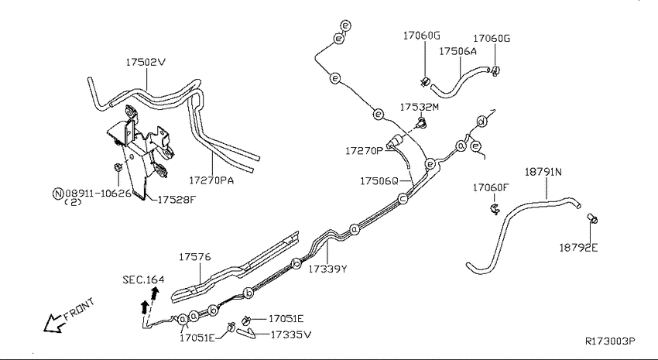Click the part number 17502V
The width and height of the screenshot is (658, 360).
146,63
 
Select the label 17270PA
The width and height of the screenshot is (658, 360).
211,180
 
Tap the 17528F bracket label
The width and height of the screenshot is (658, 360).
176,199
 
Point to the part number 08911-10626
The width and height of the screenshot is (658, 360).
98,194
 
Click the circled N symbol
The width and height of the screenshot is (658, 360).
58,194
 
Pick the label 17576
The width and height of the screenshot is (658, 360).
195,257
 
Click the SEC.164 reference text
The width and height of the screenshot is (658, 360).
143,279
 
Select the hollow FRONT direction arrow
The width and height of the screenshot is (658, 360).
53,323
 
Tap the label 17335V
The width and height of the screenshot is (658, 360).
291,334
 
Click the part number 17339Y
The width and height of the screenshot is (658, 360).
327,269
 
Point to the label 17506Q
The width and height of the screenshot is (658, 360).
379,181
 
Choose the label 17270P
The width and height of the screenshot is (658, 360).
365,151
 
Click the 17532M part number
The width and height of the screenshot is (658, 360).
420,107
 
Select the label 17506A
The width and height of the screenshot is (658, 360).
458,51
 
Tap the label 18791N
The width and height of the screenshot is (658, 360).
543,172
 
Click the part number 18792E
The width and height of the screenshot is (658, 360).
578,248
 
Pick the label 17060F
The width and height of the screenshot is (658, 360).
490,187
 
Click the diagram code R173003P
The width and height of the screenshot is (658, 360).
610,341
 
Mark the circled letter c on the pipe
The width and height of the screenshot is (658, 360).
403,198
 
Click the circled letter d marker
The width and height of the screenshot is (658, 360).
482,122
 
